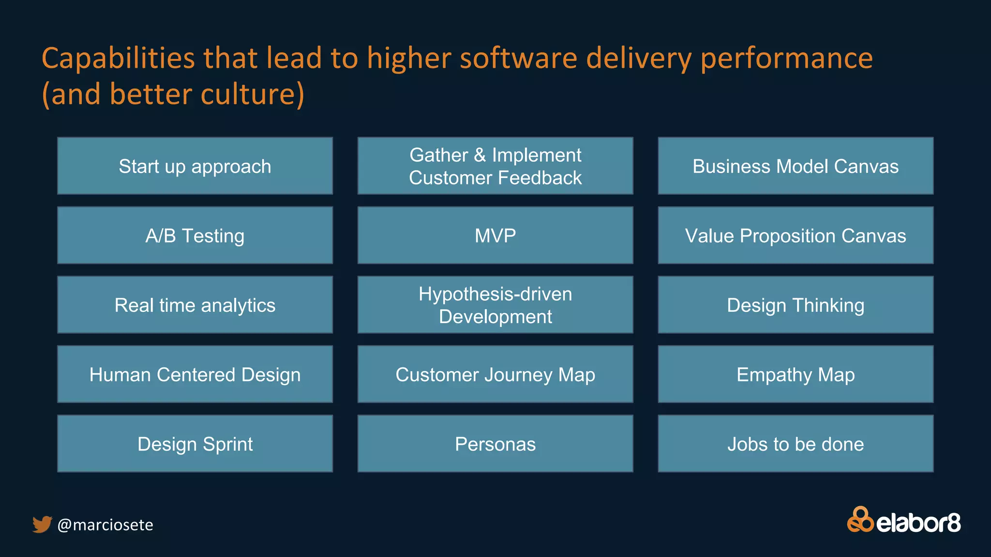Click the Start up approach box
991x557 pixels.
click(195, 166)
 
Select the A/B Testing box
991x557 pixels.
click(195, 235)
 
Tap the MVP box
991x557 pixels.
click(495, 235)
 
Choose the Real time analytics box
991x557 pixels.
click(195, 305)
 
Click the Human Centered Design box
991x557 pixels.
click(195, 374)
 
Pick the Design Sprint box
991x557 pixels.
click(195, 444)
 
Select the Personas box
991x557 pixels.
click(495, 444)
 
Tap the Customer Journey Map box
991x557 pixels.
click(495, 374)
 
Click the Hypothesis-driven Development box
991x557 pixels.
click(495, 305)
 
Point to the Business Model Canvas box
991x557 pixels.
click(796, 166)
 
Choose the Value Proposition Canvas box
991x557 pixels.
click(796, 235)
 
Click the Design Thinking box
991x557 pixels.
click(796, 305)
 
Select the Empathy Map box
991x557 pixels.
click(796, 374)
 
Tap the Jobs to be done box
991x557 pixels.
click(796, 444)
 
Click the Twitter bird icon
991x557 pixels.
click(42, 524)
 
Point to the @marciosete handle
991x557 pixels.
click(105, 525)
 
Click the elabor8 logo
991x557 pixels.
click(903, 521)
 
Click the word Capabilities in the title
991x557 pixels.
click(118, 59)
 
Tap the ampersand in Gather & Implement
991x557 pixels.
click(480, 155)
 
